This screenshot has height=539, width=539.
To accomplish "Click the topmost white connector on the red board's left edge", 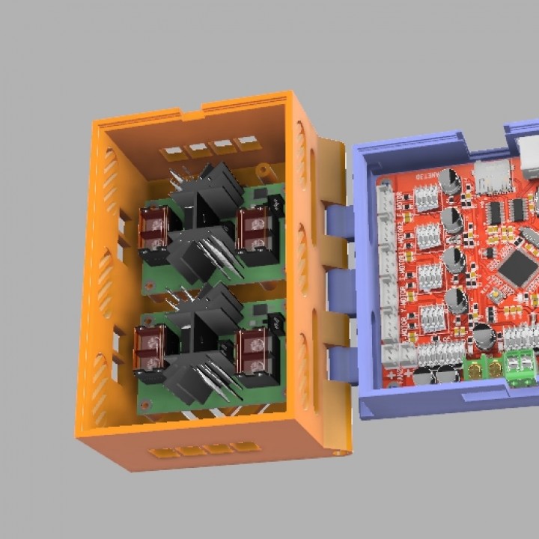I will (386, 201).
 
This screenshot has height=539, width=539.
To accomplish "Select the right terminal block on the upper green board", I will (253, 228).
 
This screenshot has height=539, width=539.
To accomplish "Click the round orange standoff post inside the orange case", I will (264, 172).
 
